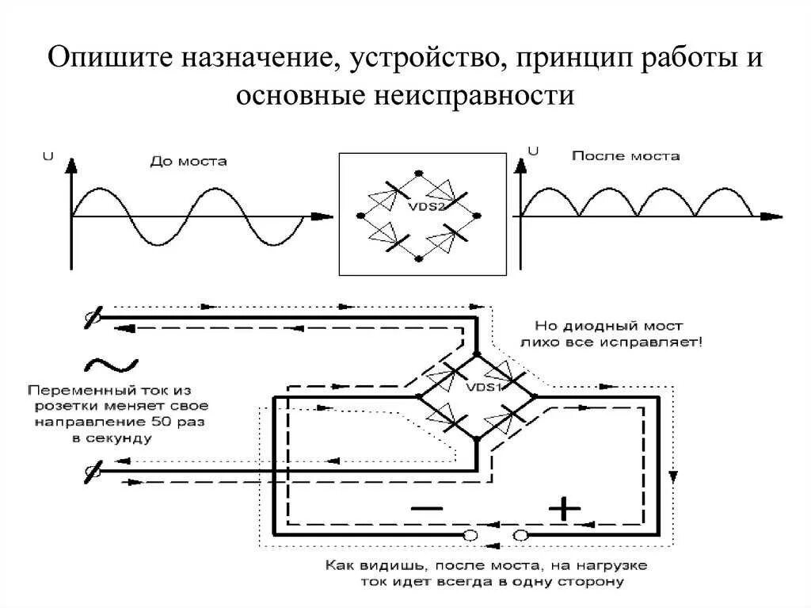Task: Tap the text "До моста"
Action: [188, 161]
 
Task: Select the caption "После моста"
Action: [625, 156]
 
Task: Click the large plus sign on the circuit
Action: [565, 507]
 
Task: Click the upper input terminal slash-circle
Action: [93, 319]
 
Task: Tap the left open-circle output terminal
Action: [470, 536]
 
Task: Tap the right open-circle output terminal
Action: [520, 536]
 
